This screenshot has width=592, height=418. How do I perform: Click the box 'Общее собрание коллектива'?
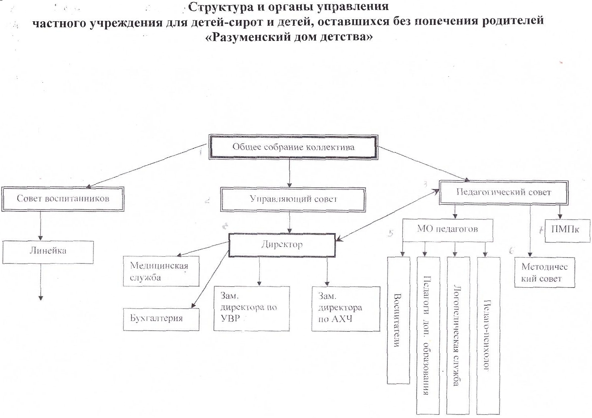click(x=293, y=147)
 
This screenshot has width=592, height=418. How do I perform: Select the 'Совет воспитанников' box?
click(x=63, y=199)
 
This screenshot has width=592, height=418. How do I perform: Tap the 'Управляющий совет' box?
click(x=293, y=199)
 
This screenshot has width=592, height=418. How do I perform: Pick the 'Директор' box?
click(x=282, y=245)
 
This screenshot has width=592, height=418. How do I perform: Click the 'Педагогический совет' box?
click(x=503, y=192)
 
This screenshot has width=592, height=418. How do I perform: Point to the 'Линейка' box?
click(x=48, y=252)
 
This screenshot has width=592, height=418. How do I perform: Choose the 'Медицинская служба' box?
click(x=161, y=272)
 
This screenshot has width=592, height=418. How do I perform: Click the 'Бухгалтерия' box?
click(x=161, y=319)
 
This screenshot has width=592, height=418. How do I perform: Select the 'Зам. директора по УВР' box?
click(x=251, y=308)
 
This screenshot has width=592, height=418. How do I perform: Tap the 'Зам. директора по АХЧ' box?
click(x=346, y=308)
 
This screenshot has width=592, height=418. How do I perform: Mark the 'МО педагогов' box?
click(x=447, y=230)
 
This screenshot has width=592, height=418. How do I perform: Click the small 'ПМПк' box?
click(x=567, y=230)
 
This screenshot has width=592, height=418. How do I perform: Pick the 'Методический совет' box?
click(x=544, y=273)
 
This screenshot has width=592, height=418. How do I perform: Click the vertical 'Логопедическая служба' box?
click(x=458, y=335)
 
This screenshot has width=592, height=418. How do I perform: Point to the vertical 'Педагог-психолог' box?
click(x=488, y=335)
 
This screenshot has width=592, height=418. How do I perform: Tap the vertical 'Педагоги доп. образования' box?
click(x=428, y=335)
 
